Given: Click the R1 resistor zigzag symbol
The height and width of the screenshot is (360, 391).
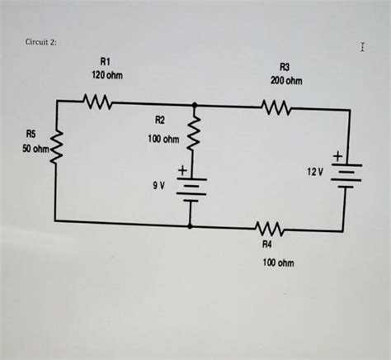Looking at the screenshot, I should [x=98, y=102].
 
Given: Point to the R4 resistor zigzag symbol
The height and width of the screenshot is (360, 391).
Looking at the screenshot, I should [x=268, y=229].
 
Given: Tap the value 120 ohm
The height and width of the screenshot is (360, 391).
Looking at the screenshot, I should [x=106, y=75].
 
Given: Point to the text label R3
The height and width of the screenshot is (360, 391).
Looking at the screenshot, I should [x=285, y=68].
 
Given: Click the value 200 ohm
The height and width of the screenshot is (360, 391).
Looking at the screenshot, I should [x=285, y=82].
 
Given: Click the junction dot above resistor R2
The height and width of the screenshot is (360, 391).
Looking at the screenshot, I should [x=194, y=106].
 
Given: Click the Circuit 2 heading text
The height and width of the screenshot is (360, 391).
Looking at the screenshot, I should [x=40, y=42].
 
